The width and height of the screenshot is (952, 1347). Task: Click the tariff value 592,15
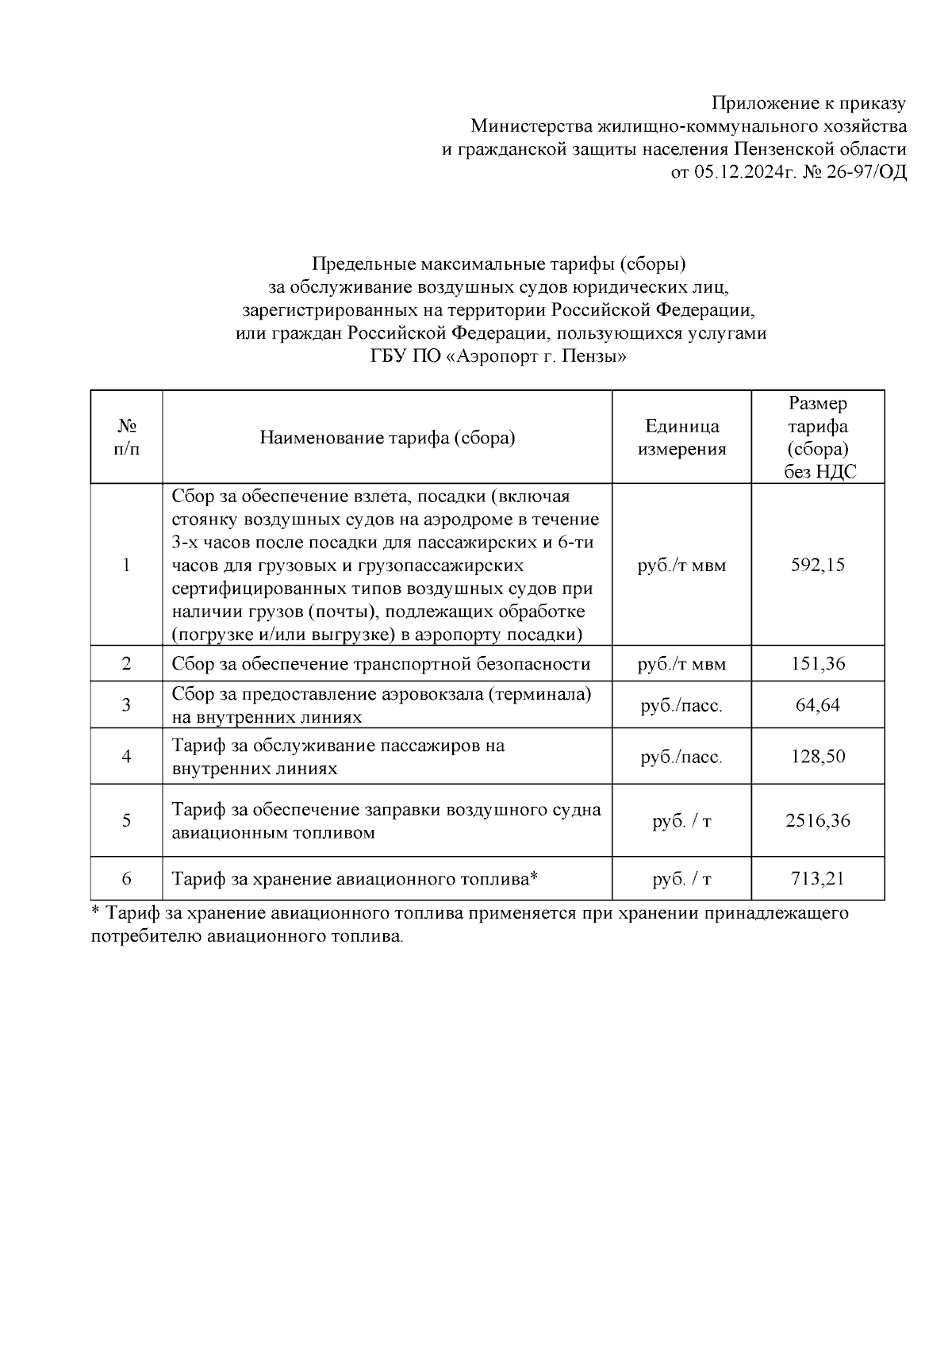818,566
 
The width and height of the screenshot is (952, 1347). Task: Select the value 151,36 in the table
818,664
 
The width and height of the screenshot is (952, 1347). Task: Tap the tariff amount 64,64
818,705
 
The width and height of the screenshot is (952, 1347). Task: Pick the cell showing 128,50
818,757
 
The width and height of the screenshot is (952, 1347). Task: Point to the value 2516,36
818,821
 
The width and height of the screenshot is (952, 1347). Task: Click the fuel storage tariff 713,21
818,879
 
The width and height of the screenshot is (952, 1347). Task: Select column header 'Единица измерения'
681,438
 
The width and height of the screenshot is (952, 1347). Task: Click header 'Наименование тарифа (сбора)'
387,438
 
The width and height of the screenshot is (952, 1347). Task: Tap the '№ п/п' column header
126,438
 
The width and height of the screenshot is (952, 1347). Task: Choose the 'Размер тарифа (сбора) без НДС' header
818,438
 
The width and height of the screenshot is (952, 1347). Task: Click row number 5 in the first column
126,821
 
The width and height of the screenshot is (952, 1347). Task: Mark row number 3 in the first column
126,705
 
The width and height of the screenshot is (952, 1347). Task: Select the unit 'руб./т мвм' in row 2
681,664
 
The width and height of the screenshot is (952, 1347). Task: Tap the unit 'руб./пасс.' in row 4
681,757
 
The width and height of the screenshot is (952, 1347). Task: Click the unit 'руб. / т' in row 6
681,879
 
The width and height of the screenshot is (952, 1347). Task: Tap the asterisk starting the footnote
96,911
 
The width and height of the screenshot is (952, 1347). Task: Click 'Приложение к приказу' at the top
808,103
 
